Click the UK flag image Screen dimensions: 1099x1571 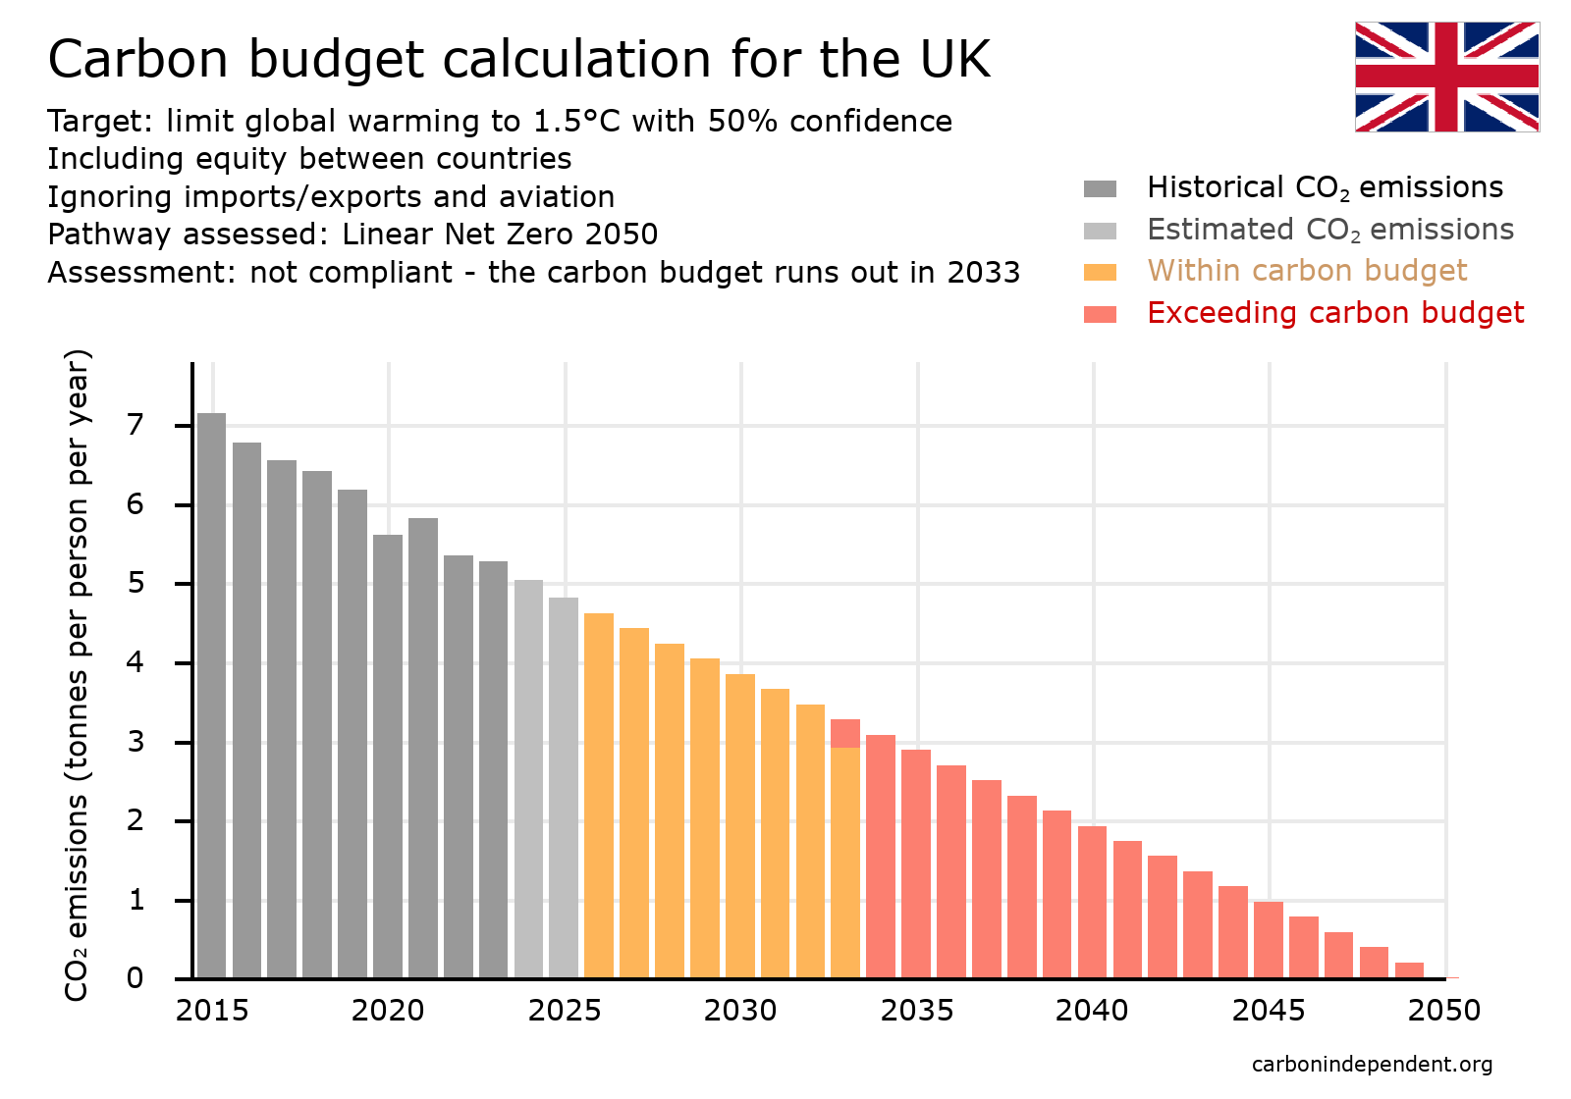pos(1446,77)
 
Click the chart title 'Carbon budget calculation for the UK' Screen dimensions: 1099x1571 pos(518,59)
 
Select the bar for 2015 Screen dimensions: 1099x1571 pos(211,697)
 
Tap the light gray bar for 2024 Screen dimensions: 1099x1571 pos(528,779)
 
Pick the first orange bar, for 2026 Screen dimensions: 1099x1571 pos(599,795)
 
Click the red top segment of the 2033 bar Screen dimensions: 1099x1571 pos(845,733)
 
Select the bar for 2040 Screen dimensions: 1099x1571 pos(1092,902)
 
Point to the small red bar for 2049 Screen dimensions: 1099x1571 pos(1409,970)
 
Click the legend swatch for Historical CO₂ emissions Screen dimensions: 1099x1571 pos(1100,188)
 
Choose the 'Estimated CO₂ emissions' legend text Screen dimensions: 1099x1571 pos(1329,230)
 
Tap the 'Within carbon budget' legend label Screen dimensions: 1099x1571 pos(1307,271)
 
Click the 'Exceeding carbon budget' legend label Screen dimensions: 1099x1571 pos(1334,313)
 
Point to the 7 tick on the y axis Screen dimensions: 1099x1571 pos(135,425)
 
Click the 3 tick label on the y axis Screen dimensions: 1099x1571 pos(135,742)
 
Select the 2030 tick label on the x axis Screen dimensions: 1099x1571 pos(740,1011)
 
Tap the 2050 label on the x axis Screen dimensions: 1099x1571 pos(1444,1011)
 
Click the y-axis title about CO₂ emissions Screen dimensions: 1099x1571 pos(77,675)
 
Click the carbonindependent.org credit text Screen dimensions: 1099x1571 pos(1372,1065)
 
